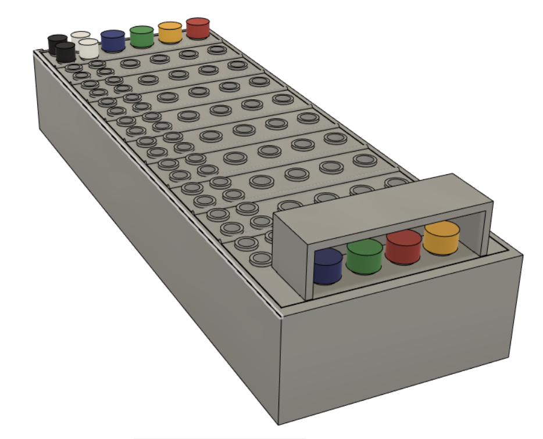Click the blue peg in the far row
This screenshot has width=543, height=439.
click(x=113, y=41)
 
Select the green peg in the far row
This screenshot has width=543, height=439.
click(x=142, y=36)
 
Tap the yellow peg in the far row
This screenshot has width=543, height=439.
click(x=170, y=32)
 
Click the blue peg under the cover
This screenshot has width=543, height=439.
click(x=327, y=266)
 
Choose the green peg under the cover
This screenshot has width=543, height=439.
click(x=365, y=256)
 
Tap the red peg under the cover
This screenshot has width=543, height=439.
click(x=403, y=247)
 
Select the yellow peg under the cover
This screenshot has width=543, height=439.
click(x=441, y=237)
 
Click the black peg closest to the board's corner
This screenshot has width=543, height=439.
click(x=65, y=52)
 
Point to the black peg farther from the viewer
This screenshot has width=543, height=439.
click(x=58, y=44)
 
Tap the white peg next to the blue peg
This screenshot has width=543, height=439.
click(x=88, y=48)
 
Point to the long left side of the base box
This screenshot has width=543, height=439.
click(x=145, y=232)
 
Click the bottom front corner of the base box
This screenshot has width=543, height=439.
click(x=281, y=423)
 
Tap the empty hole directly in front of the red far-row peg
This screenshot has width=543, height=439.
click(x=217, y=49)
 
